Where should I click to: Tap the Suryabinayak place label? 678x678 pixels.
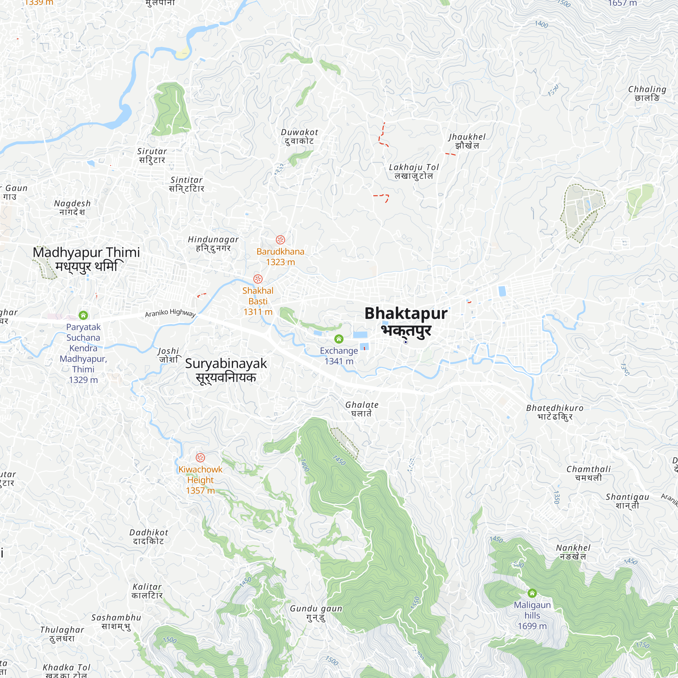point(226,370)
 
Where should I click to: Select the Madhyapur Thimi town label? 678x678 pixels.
point(86,259)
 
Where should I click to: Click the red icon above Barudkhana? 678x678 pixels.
point(280,240)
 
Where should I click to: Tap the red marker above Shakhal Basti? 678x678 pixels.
point(258,279)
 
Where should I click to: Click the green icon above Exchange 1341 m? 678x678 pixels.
point(339,339)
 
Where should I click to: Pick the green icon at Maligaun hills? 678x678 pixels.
point(532,593)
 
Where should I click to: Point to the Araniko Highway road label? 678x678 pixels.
point(170,313)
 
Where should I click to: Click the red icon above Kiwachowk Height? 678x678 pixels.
point(200,458)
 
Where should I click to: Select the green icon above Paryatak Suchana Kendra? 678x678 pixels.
point(83,315)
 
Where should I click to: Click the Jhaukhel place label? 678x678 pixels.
point(467,141)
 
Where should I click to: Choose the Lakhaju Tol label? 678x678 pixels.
point(414,171)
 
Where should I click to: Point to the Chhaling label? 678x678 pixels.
point(647,93)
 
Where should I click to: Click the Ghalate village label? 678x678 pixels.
point(362,409)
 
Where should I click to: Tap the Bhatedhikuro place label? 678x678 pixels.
point(555,412)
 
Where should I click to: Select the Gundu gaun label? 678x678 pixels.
point(316,613)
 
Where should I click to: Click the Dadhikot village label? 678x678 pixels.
point(149,537)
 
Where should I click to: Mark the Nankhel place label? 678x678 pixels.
point(573,552)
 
